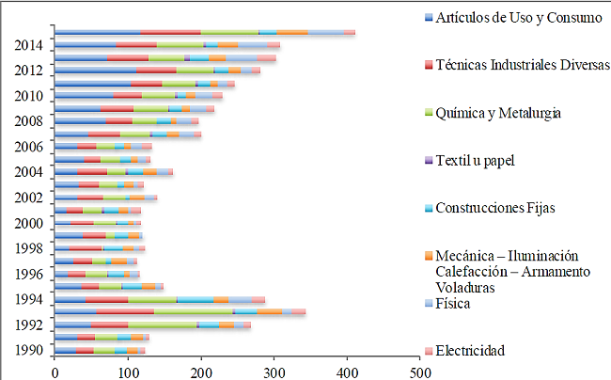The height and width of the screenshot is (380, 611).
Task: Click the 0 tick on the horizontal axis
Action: [x=55, y=372]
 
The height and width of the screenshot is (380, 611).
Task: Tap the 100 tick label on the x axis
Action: [x=128, y=372]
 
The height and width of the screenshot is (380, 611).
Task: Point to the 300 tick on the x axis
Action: [x=274, y=372]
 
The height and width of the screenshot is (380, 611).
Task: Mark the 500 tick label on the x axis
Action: [x=419, y=372]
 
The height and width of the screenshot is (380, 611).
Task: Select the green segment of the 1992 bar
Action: [x=155, y=325]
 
